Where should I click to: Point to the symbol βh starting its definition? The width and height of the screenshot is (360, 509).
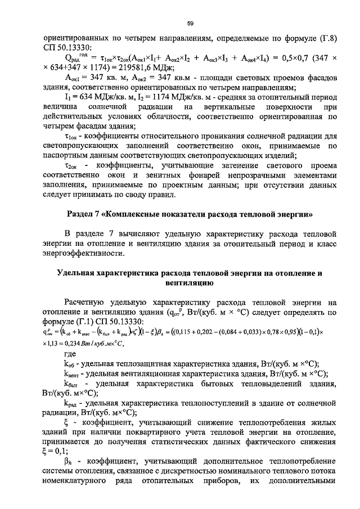69,465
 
